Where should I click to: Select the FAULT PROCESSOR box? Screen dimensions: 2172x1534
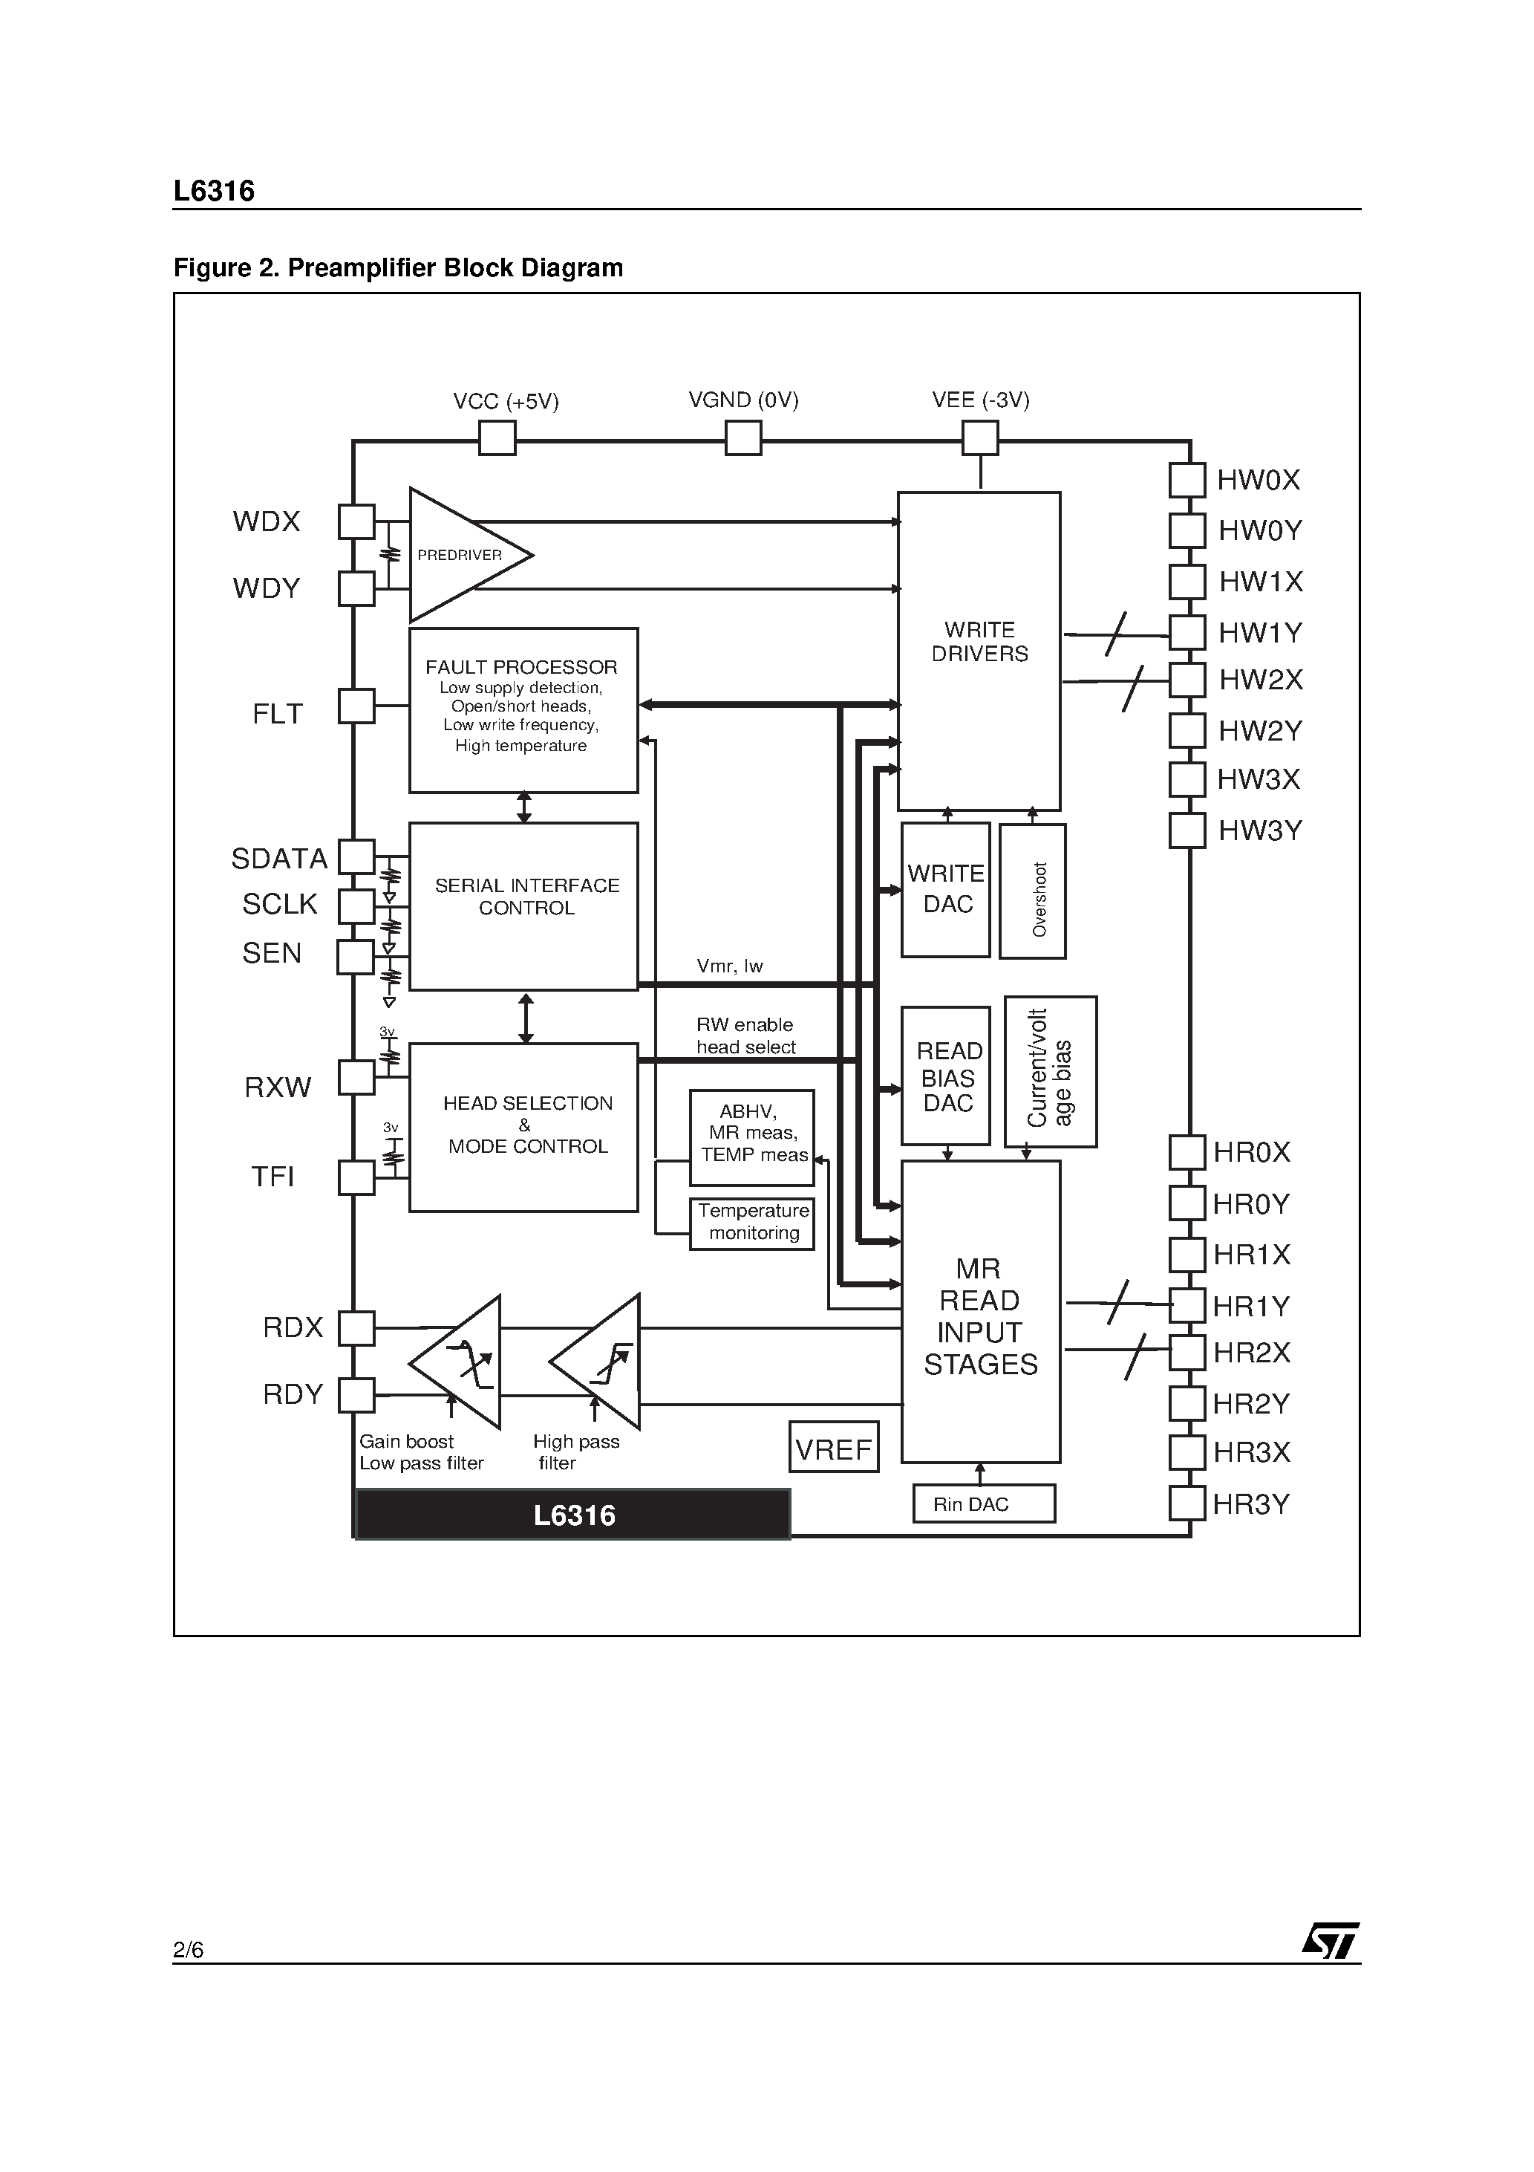(523, 709)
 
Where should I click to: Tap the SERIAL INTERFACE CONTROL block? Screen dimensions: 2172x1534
(523, 905)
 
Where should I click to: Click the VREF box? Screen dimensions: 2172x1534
(833, 1446)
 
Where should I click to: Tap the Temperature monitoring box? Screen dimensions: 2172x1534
(752, 1222)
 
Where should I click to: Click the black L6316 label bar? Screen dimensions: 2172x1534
(573, 1515)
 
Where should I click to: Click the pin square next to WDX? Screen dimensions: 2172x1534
(356, 521)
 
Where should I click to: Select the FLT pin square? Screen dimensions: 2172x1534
(356, 706)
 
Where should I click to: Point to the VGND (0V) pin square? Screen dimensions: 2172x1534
(742, 438)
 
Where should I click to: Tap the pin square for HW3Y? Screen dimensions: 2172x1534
(1187, 830)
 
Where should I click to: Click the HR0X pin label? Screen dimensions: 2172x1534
(1251, 1152)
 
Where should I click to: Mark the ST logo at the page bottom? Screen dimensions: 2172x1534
(1331, 1941)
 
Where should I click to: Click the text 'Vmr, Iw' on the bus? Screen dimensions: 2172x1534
(729, 966)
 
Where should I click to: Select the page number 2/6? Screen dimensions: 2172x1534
(188, 1948)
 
